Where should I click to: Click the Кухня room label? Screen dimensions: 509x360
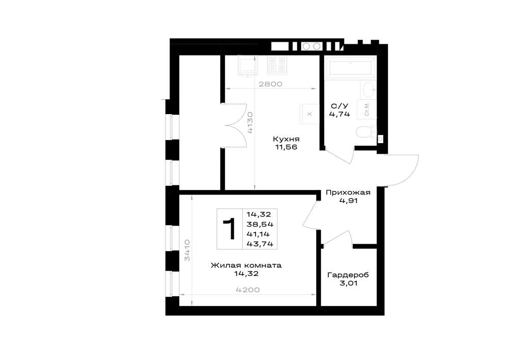point(286,139)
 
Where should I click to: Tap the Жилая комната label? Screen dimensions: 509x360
point(246,265)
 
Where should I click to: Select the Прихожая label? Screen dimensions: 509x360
point(348,192)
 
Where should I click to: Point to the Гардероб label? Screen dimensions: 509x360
point(348,275)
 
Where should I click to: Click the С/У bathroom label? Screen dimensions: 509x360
point(339,106)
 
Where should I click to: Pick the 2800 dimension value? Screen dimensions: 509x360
point(270,84)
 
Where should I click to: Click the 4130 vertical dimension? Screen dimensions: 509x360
point(250,123)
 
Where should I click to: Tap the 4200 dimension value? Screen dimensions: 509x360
point(248,290)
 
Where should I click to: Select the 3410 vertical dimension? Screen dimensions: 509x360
point(187,251)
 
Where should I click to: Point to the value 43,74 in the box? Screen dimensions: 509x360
point(260,244)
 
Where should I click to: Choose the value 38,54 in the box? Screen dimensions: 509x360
point(260,224)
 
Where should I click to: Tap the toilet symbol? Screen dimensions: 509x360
point(366,132)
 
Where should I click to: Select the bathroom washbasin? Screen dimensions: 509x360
point(368,89)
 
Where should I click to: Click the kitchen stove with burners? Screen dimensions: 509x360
point(277,65)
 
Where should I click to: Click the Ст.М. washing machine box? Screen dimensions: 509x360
point(366,109)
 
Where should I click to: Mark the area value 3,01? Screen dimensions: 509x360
point(348,283)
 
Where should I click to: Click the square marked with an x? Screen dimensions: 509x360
point(309,114)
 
